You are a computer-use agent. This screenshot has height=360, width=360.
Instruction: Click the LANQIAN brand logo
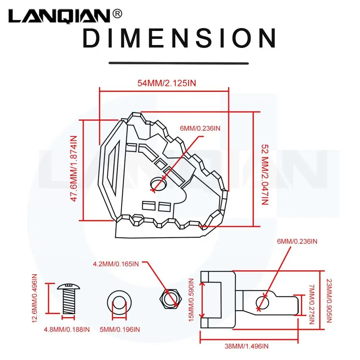[x=59, y=16]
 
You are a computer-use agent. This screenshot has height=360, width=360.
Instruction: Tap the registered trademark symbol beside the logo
[x=117, y=14]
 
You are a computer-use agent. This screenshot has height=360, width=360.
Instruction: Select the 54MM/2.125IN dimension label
[x=167, y=83]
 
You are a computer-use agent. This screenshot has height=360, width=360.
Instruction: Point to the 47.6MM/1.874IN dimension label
[x=73, y=169]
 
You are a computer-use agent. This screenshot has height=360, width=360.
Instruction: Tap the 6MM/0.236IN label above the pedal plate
[x=200, y=128]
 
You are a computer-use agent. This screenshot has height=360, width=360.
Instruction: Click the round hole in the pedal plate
[x=158, y=184]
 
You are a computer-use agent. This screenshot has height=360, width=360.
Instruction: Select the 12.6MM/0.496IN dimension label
[x=35, y=298]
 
